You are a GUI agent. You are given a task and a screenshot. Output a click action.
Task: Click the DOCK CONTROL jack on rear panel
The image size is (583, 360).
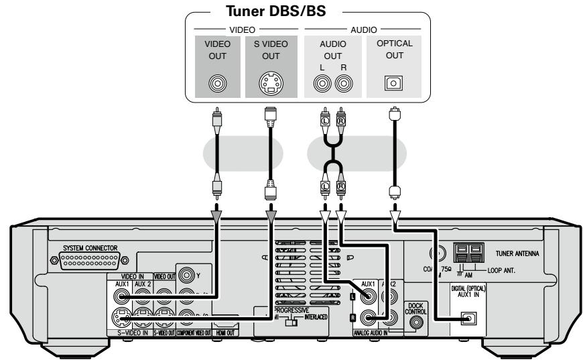(x=417, y=321)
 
